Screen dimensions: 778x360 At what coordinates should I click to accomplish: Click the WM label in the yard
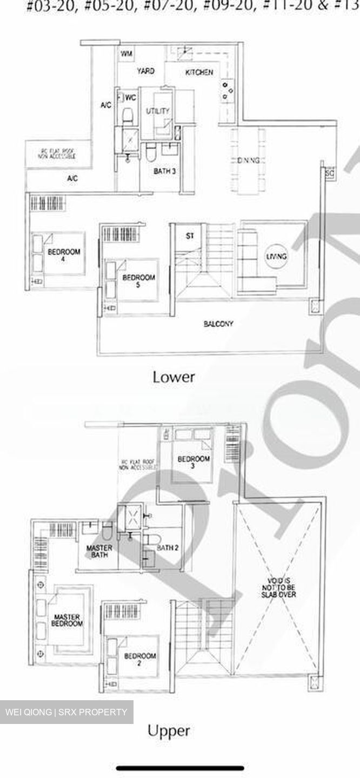(x=126, y=53)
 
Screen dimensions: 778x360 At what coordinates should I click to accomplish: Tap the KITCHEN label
(x=199, y=72)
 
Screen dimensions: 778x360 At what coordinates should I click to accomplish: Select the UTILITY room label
(x=158, y=111)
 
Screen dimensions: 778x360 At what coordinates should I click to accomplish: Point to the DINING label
(x=249, y=160)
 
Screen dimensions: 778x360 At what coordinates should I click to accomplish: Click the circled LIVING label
(x=276, y=256)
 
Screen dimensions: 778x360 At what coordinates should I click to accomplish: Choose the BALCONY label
(x=218, y=324)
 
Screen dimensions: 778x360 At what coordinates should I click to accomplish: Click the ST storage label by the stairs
(x=190, y=236)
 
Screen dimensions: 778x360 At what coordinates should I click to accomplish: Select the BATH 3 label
(x=164, y=171)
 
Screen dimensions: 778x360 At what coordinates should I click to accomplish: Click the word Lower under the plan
(x=174, y=377)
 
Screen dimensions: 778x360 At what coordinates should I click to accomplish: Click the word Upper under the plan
(x=169, y=730)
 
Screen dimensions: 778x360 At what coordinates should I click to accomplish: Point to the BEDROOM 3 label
(x=194, y=462)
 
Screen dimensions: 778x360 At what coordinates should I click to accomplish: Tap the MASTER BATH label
(x=99, y=551)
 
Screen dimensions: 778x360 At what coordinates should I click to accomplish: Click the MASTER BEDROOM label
(x=67, y=620)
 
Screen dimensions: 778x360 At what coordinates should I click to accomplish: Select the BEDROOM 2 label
(x=139, y=660)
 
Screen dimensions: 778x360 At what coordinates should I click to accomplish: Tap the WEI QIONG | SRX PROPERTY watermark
(x=66, y=712)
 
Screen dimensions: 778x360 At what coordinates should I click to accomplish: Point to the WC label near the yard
(x=130, y=98)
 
